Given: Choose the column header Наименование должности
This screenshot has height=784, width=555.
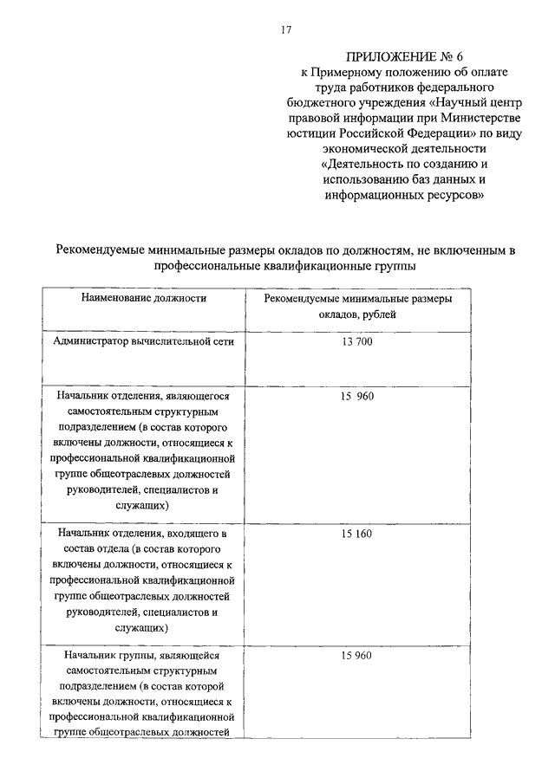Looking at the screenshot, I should coord(144,297).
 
